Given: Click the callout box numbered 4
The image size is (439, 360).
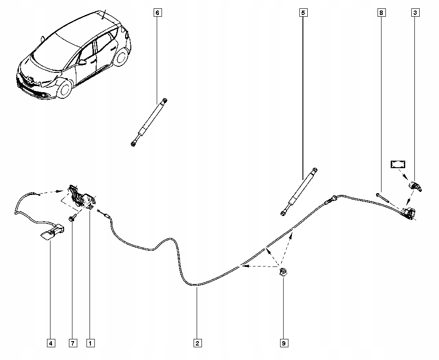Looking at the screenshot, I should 51,343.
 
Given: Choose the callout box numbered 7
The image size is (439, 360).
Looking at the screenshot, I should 72,343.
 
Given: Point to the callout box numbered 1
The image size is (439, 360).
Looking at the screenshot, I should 90,343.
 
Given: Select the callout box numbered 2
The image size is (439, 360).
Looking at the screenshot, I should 197,343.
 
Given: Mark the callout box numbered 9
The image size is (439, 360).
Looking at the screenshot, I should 284,343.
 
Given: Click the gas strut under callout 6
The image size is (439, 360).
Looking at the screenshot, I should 149,122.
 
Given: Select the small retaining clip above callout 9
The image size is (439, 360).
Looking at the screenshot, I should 283,273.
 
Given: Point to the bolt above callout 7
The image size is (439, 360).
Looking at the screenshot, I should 72,218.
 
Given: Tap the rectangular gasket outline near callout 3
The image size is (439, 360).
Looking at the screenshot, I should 398,165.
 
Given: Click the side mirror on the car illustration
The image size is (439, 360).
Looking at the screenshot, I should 82,62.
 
